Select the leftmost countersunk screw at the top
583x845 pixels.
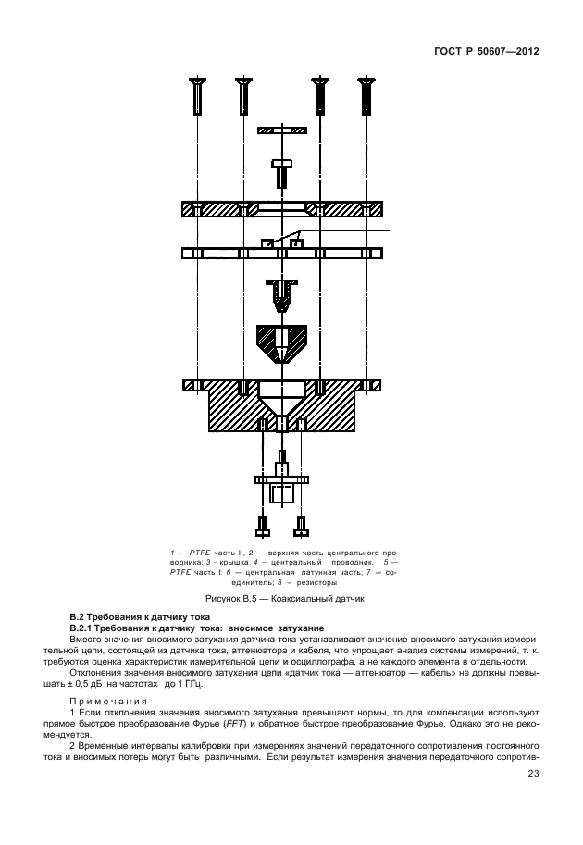(x=198, y=94)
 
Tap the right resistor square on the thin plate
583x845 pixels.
(x=296, y=243)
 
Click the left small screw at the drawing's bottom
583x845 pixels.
(x=263, y=527)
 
